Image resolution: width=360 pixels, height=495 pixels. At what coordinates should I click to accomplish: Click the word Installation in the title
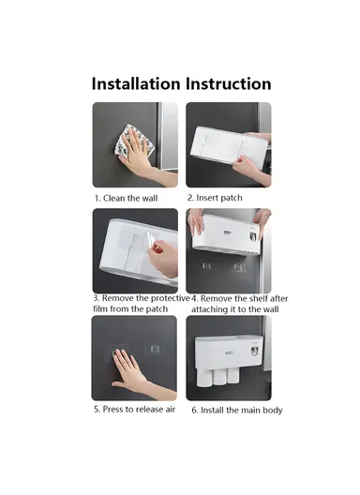[136, 84]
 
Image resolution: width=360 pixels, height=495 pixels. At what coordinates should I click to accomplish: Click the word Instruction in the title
[229, 84]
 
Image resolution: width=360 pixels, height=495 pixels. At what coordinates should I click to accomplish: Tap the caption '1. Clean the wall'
[126, 198]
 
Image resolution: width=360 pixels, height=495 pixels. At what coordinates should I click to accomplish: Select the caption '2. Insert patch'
[215, 198]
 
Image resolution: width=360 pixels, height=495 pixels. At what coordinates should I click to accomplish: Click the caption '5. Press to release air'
[134, 409]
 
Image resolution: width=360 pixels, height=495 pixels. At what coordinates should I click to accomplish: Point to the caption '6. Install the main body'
[237, 410]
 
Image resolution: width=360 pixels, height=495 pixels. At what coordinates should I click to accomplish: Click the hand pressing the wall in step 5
[139, 372]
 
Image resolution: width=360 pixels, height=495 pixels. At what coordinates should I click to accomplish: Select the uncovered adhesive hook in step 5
[155, 349]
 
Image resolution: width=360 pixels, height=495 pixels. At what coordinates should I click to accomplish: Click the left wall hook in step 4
[207, 266]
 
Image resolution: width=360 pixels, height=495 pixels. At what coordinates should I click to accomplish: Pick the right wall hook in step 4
[239, 268]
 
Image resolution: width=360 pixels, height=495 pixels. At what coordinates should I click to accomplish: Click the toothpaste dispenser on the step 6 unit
[254, 351]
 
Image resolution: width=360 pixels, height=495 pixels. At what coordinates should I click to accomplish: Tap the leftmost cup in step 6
[203, 376]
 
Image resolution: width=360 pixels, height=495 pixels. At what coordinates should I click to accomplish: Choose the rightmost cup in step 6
[232, 374]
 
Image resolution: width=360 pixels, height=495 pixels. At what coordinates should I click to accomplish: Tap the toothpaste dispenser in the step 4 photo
[253, 236]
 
